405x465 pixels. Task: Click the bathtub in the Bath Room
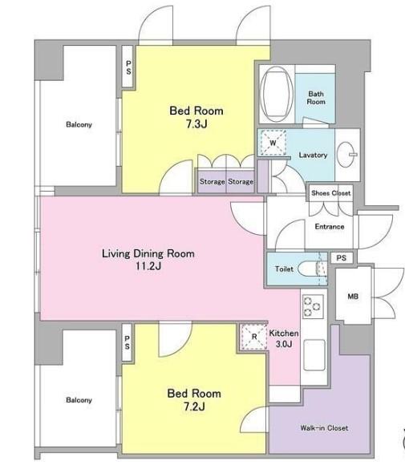click(x=277, y=93)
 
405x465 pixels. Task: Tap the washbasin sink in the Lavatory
click(x=346, y=154)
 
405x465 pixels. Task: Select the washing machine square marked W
click(x=273, y=143)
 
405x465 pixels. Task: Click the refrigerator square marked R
click(x=254, y=337)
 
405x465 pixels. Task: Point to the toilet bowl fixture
click(x=311, y=269)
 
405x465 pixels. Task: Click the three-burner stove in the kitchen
click(x=313, y=306)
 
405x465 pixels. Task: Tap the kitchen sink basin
click(x=314, y=355)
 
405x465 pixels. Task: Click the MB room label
click(x=353, y=296)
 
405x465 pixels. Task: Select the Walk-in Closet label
click(x=324, y=427)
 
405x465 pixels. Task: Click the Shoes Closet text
click(x=331, y=193)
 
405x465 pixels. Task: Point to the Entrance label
click(x=330, y=227)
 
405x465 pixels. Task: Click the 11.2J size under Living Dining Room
click(x=148, y=265)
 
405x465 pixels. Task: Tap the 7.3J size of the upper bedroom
click(x=196, y=123)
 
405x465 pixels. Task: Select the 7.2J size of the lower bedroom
click(x=194, y=406)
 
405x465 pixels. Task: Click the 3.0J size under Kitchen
click(x=284, y=344)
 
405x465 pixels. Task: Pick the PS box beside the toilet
click(x=342, y=257)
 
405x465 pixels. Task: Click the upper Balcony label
click(x=79, y=124)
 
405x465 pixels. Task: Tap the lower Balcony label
click(x=79, y=400)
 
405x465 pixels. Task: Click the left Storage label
click(x=212, y=181)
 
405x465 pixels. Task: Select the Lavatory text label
click(x=313, y=155)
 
